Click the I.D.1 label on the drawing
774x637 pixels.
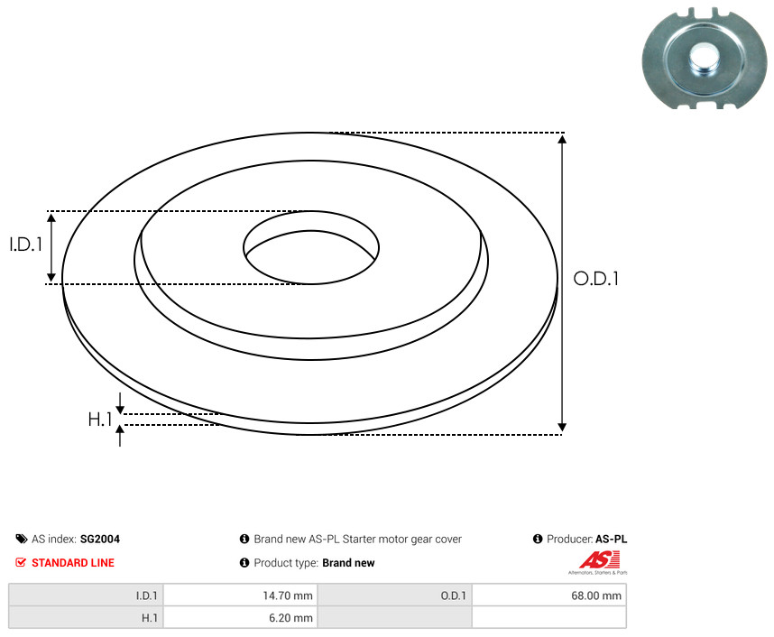click(26, 245)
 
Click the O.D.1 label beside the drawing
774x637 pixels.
click(595, 279)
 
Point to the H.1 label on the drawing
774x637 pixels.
click(100, 420)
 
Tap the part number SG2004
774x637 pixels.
click(100, 539)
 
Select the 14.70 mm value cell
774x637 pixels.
click(240, 595)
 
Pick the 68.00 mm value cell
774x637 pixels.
click(548, 595)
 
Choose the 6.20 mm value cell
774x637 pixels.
click(240, 618)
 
